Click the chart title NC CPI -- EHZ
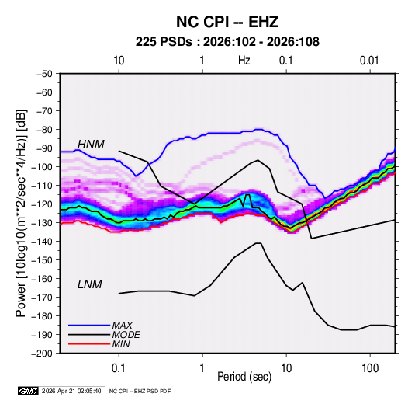coord(227,22)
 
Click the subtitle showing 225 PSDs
coord(227,42)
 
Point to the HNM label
coord(91,145)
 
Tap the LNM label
coord(90,284)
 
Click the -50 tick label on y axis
coord(44,74)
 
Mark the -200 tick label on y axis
coord(42,354)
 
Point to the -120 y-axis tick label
coord(42,204)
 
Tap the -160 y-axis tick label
coord(42,279)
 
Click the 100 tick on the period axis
coord(370,368)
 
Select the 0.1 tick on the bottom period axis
coord(119,368)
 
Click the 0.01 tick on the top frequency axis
coord(369,61)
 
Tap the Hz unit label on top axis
coord(244,61)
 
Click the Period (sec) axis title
coord(244,377)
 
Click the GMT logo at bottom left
coord(28,391)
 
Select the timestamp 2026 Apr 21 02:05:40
coord(71,391)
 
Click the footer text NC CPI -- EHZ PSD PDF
coord(140,391)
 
